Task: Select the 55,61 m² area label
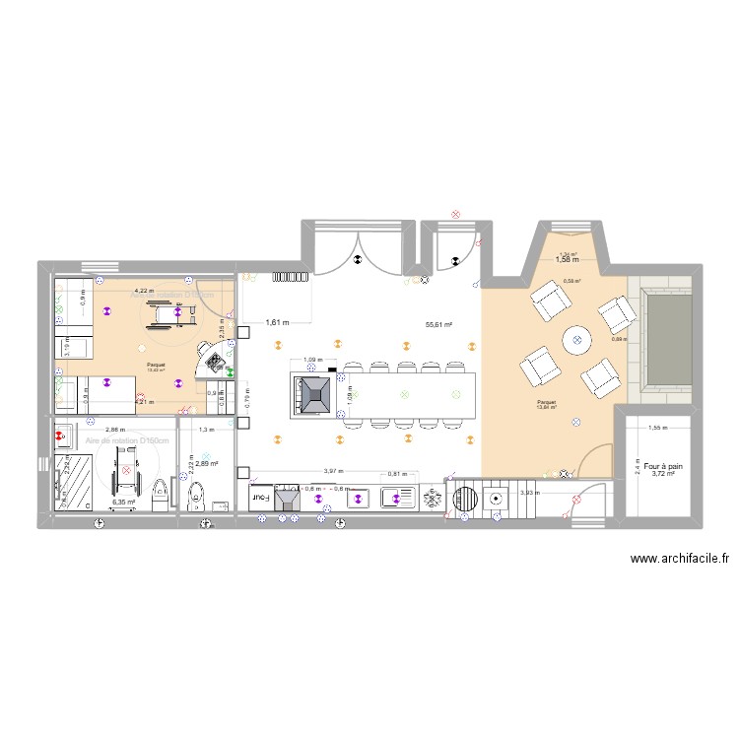tap(438, 324)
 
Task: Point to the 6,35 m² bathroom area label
tap(123, 502)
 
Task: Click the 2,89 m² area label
tap(206, 464)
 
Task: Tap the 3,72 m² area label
tap(663, 474)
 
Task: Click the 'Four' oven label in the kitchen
tap(259, 499)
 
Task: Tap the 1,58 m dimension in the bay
tap(566, 260)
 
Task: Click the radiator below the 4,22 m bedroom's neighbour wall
tap(291, 277)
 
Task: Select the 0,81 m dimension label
tap(394, 474)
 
